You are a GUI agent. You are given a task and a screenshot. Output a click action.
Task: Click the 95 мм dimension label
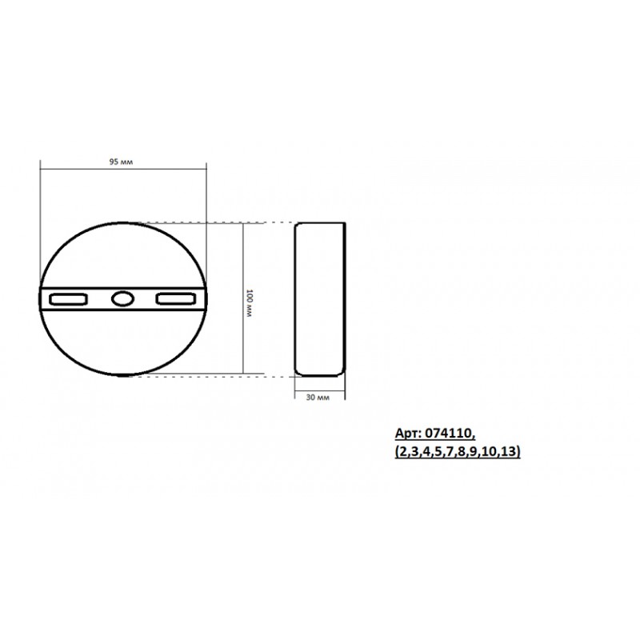[121, 162]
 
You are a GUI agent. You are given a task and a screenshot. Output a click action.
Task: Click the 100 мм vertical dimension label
[250, 303]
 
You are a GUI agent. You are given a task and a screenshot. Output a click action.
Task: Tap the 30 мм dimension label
[318, 398]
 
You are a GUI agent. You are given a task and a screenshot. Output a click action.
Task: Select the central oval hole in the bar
[122, 298]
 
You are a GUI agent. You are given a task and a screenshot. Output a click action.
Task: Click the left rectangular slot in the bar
[68, 299]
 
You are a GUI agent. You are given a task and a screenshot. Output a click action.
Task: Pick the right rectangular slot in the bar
[176, 299]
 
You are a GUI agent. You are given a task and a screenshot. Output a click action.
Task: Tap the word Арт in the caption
[407, 434]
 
